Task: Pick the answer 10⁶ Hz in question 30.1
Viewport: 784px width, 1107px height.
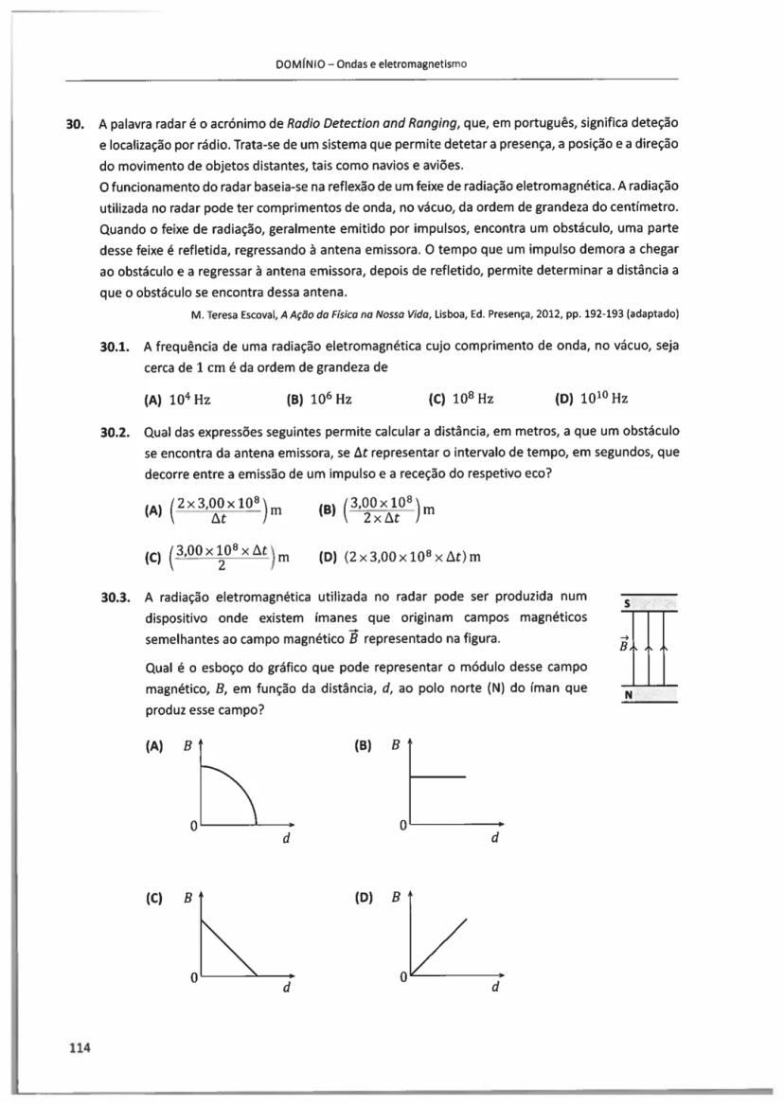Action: [330, 400]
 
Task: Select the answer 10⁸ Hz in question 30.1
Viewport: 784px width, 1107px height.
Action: [472, 400]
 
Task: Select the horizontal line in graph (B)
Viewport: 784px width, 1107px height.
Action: [437, 777]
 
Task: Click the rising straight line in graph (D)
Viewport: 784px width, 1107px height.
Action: [439, 943]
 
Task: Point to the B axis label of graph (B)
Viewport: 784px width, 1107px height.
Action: [396, 745]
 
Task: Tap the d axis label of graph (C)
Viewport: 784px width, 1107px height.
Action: [285, 989]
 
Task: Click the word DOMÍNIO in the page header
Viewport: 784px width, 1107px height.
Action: [300, 64]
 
